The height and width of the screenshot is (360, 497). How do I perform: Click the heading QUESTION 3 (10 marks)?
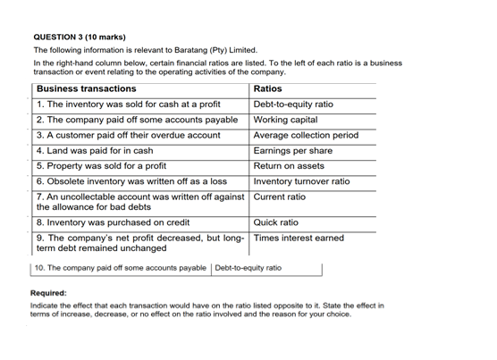[x=80, y=37]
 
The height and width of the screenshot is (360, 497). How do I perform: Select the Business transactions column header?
[x=87, y=89]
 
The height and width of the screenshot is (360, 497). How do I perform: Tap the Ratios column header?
[x=268, y=89]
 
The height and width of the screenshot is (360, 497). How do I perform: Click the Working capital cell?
[x=286, y=120]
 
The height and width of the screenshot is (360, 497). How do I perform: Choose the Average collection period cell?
[x=307, y=135]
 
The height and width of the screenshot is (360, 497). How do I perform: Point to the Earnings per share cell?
[x=293, y=151]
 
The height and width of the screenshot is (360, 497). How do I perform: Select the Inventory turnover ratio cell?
[x=302, y=181]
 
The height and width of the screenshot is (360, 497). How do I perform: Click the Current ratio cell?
[x=280, y=197]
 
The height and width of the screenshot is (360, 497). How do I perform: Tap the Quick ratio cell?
[x=276, y=222]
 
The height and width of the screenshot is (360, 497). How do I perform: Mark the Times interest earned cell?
[x=299, y=238]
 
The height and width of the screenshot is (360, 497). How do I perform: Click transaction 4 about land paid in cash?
[x=95, y=151]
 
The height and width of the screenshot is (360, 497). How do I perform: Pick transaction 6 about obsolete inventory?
[x=131, y=181]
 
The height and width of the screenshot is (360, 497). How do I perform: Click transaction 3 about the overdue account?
[x=128, y=135]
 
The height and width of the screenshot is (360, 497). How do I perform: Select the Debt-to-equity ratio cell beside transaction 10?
[x=248, y=268]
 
